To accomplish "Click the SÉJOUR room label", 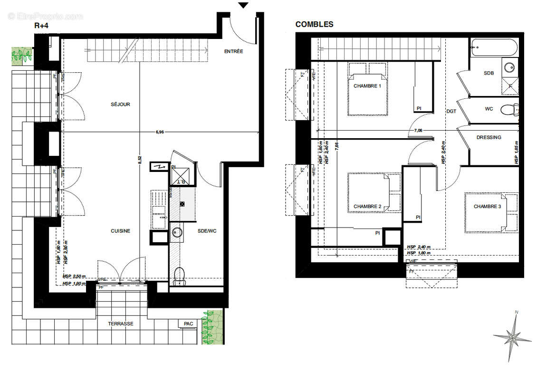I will click(x=121, y=104).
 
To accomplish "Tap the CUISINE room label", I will click(x=121, y=231).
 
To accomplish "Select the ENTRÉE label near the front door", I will click(x=234, y=51).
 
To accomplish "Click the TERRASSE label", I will click(x=121, y=324).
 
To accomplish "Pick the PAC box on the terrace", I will click(x=189, y=324).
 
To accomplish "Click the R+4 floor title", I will click(x=42, y=26).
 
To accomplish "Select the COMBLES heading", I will click(x=314, y=24).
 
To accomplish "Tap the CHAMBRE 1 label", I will click(x=367, y=86).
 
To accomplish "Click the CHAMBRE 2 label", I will click(x=367, y=207).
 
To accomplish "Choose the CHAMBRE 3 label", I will click(x=487, y=207).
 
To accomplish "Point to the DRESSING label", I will click(x=489, y=137).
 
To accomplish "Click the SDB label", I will click(x=489, y=73).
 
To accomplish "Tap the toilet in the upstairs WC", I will click(x=511, y=110).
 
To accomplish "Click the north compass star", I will click(x=512, y=338).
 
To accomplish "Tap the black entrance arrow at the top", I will click(x=243, y=5).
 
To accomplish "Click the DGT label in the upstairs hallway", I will click(x=451, y=111).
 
